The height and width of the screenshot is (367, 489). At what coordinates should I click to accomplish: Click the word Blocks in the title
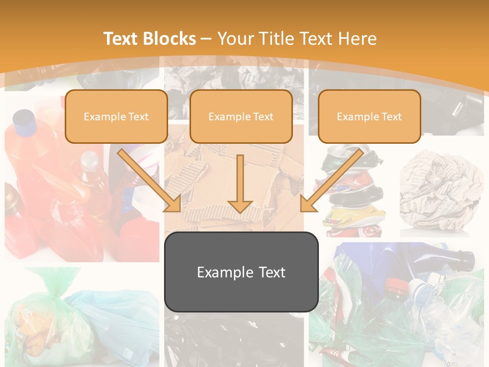point(171,39)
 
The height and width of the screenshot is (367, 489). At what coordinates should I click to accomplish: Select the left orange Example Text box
point(116,117)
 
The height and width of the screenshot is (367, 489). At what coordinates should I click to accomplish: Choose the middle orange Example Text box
point(241,117)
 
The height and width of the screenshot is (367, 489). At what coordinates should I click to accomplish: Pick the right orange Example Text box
point(369,117)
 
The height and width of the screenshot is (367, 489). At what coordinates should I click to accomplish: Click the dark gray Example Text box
point(241,272)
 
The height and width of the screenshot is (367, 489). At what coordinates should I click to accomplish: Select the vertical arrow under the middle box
point(240,183)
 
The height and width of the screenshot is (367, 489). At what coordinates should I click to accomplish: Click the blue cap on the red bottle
point(24,120)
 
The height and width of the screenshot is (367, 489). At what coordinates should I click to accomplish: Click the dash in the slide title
point(206,39)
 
